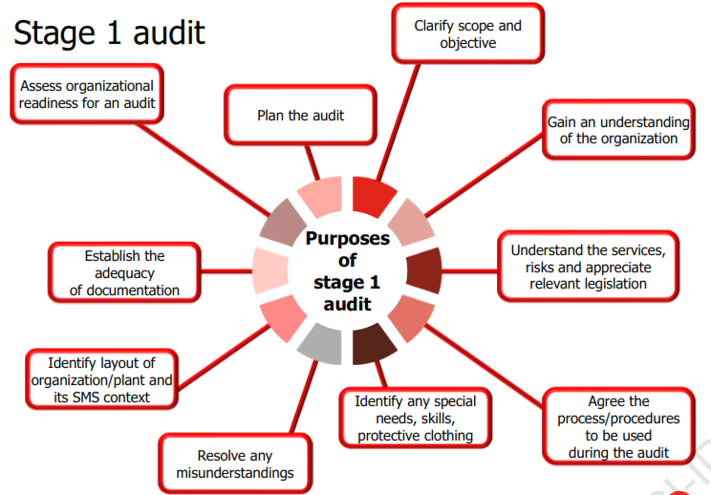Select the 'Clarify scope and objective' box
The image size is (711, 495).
[x=467, y=34]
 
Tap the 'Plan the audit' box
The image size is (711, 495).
[x=300, y=116]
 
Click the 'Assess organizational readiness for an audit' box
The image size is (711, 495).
[x=87, y=94]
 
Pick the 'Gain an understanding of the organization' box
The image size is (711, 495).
[x=617, y=130]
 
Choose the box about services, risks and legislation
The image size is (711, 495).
[x=587, y=267]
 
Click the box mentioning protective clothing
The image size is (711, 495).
[x=415, y=418]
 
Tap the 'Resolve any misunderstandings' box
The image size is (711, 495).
[x=234, y=464]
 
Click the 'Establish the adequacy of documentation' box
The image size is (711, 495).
[x=124, y=272]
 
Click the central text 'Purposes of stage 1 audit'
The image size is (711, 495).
[x=347, y=270]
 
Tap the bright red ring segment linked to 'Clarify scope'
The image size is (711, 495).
[x=374, y=196]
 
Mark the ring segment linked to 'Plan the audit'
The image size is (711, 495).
[x=322, y=196]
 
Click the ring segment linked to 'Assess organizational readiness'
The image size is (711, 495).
[x=282, y=223]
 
